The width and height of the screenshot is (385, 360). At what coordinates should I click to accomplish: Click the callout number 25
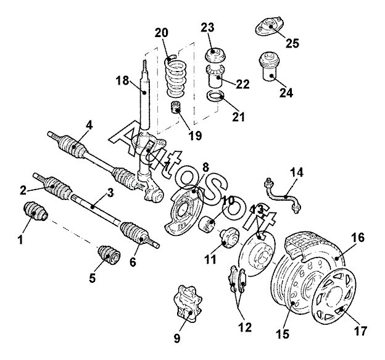292,43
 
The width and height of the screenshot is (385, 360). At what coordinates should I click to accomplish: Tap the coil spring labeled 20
176,76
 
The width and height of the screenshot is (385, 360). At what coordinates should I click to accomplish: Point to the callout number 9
177,338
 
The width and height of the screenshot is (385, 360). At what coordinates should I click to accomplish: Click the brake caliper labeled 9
188,303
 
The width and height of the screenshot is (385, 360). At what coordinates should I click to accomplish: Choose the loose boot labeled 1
35,211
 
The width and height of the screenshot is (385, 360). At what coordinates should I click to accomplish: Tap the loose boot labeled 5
109,254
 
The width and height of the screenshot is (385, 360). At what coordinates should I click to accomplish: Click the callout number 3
110,193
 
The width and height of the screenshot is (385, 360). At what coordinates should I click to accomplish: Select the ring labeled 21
216,96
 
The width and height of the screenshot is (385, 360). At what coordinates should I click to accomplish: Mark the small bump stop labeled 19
175,107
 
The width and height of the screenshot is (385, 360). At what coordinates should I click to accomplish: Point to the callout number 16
357,238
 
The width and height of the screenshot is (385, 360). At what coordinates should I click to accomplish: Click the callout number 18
122,80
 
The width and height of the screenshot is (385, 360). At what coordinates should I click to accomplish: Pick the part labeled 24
268,65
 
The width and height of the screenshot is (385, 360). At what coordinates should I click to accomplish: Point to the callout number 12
245,327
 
